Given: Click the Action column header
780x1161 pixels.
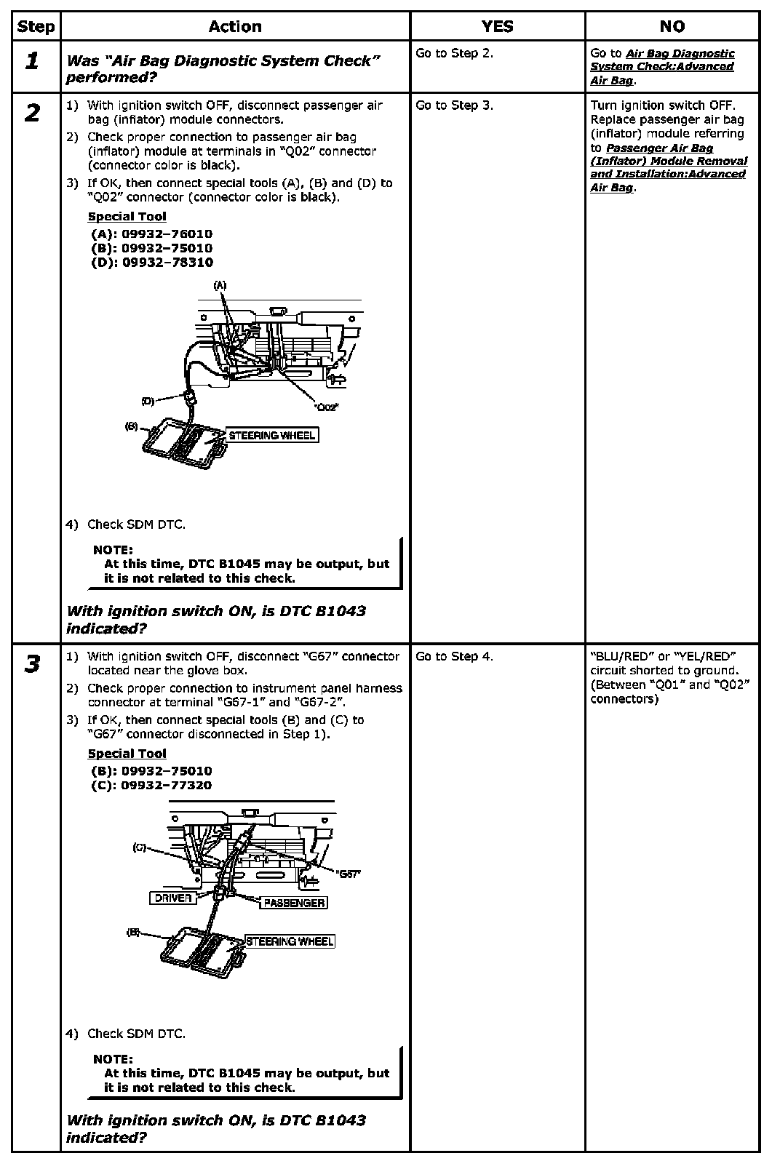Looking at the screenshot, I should tap(235, 27).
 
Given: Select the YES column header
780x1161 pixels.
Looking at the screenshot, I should tap(497, 27).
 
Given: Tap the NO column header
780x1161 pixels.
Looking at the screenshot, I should tap(672, 27).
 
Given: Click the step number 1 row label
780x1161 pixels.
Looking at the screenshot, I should tap(33, 61).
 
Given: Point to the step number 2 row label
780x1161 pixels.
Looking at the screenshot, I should tap(33, 113).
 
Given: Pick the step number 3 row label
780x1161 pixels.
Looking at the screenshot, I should tap(33, 664).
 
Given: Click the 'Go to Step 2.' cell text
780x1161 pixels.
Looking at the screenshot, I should tap(454, 53).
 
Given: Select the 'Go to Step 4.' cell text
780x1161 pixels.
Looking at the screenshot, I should tap(454, 657).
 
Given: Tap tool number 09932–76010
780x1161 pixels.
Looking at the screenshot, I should tap(167, 234).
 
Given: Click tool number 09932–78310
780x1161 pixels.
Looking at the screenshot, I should tap(167, 263).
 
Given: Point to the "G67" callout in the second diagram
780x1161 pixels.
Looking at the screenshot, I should tap(349, 874).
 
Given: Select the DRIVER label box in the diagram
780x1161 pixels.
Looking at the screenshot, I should tap(173, 898).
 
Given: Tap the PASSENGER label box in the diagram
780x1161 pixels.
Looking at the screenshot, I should tap(294, 903).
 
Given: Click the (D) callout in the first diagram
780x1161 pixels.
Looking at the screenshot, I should tap(148, 401).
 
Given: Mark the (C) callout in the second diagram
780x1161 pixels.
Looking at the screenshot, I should tap(140, 847).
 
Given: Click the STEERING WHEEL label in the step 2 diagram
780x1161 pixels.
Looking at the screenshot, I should tap(272, 436).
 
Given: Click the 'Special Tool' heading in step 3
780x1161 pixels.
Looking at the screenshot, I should tap(127, 754).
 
